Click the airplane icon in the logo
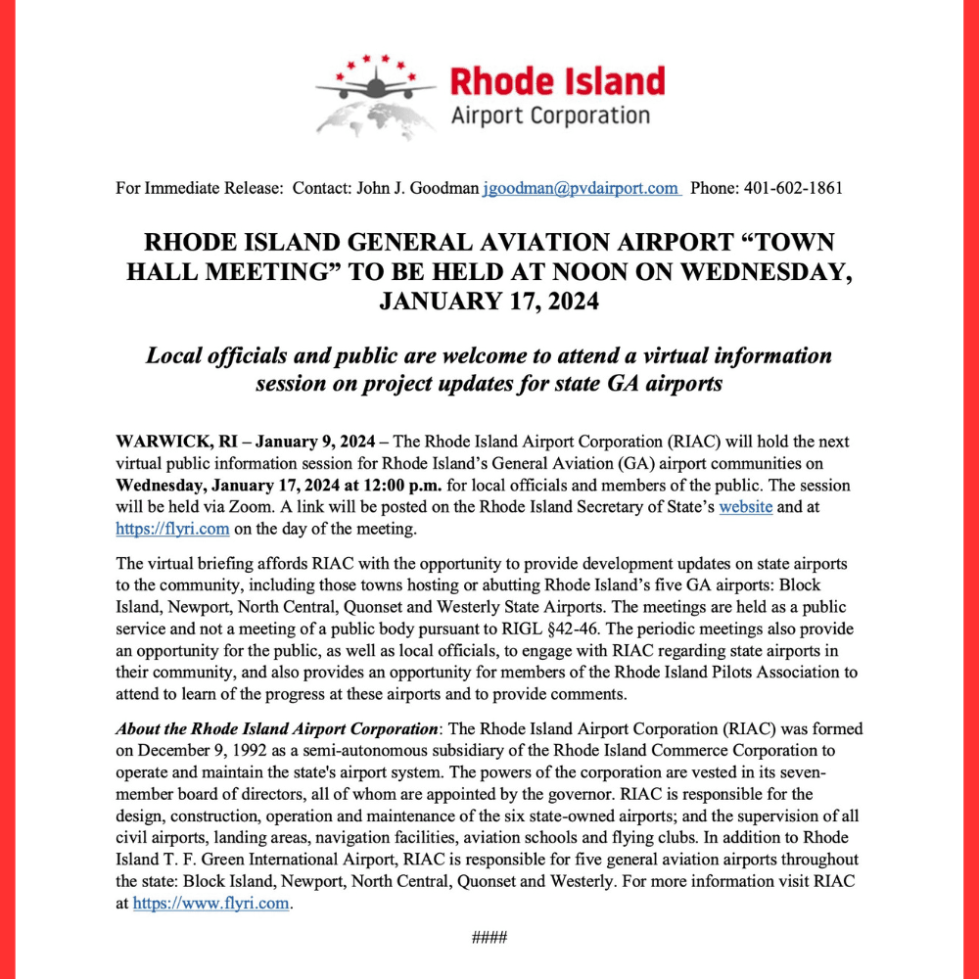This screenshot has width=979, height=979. pos(376,87)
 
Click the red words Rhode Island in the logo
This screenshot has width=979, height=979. pos(557,81)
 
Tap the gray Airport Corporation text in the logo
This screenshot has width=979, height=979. pos(549,117)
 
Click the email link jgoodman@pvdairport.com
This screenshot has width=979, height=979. pos(581,188)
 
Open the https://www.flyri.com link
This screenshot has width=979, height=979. pos(211,903)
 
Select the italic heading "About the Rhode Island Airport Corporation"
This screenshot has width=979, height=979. pos(276,729)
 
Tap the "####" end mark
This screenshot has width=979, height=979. pos(489,938)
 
